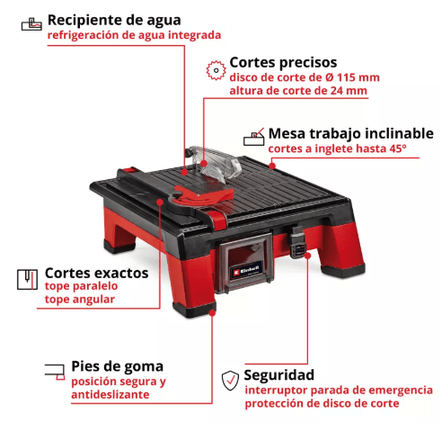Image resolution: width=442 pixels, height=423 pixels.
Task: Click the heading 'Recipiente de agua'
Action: pyautogui.click(x=113, y=19)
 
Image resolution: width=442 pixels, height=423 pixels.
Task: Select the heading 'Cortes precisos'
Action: pyautogui.click(x=283, y=62)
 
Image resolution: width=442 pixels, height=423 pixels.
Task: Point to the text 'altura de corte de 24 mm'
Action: pyautogui.click(x=297, y=91)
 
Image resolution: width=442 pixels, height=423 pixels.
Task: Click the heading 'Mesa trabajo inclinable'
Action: pyautogui.click(x=345, y=132)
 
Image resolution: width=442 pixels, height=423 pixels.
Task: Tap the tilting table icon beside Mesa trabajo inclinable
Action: pyautogui.click(x=254, y=137)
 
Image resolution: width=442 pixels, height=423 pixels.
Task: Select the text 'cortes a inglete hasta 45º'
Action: pyautogui.click(x=337, y=148)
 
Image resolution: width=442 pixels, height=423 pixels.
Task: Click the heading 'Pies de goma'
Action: pyautogui.click(x=117, y=365)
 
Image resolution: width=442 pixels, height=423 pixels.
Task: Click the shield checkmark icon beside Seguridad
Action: pyautogui.click(x=231, y=378)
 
